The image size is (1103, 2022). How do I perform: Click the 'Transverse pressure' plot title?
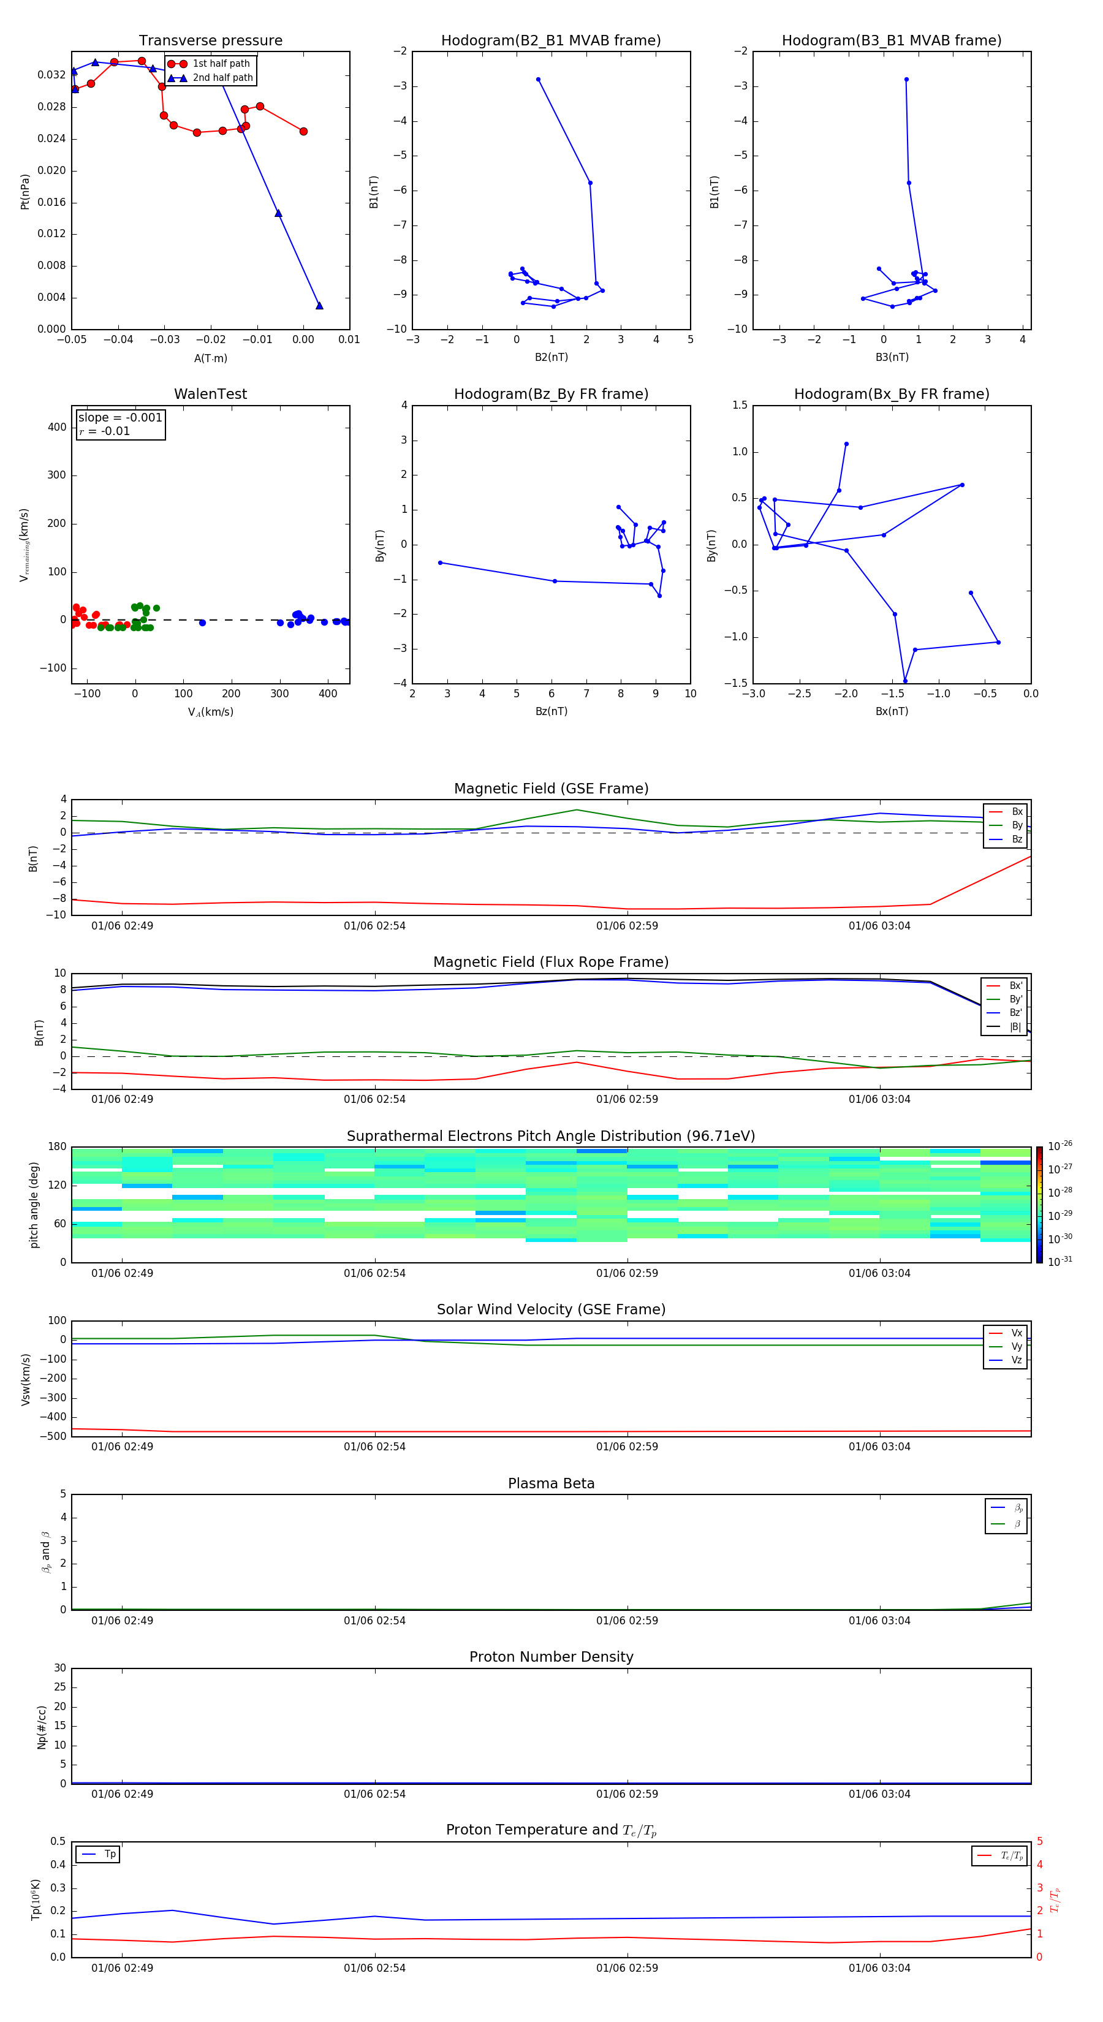point(210,41)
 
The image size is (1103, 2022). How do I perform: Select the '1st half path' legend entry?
point(221,64)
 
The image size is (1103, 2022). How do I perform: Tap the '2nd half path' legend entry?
point(222,78)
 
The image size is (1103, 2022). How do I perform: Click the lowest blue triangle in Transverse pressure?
point(319,305)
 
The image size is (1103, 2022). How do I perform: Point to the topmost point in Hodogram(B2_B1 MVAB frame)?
point(538,79)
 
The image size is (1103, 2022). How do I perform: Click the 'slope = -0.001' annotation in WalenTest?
point(120,418)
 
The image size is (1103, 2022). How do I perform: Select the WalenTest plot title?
point(210,394)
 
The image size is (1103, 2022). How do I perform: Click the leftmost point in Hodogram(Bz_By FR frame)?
point(441,563)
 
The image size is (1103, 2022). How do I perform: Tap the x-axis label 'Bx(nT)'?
point(892,711)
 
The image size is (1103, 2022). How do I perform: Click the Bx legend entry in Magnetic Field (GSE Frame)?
point(1017,812)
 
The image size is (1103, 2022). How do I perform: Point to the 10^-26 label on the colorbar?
point(1060,1146)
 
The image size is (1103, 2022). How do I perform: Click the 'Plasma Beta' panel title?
point(551,1483)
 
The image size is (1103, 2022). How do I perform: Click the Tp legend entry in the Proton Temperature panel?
point(110,1854)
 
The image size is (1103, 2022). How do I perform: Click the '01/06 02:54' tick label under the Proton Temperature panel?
point(374,1968)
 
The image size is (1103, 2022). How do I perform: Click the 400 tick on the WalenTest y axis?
point(56,427)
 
